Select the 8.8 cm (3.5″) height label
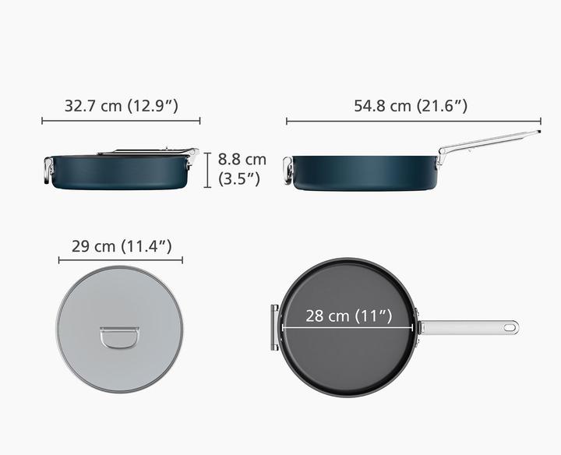[x=242, y=168]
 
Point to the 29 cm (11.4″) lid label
[x=121, y=247]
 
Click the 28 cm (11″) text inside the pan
[x=348, y=316]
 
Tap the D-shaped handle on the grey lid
[x=121, y=340]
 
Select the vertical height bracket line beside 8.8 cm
[x=208, y=171]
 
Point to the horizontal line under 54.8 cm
[x=413, y=121]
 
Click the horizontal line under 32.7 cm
[x=121, y=121]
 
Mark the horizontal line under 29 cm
[x=121, y=261]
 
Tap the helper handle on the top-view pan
[x=274, y=328]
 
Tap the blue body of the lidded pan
[x=121, y=173]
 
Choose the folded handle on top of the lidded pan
[x=148, y=151]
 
